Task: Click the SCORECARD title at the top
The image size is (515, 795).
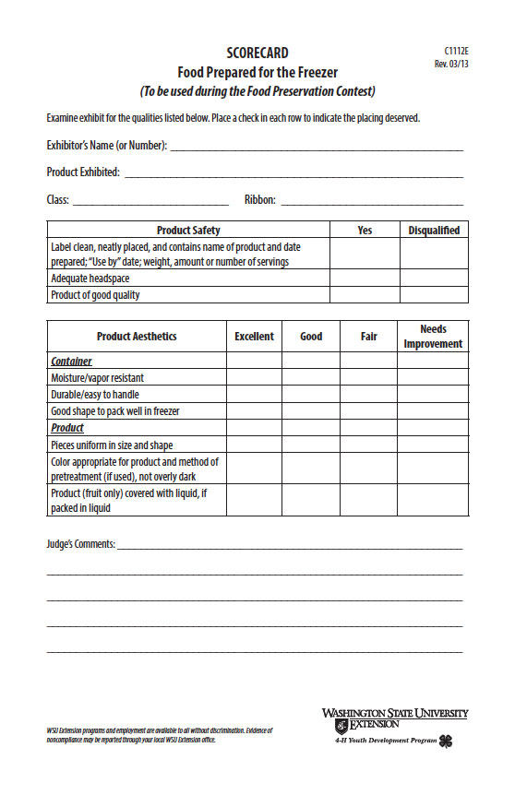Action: click(x=257, y=53)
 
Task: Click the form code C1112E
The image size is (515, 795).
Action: click(x=456, y=51)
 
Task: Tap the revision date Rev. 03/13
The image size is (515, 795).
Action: click(x=451, y=64)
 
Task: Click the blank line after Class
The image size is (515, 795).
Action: click(x=150, y=201)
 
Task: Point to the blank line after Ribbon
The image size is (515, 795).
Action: click(x=371, y=201)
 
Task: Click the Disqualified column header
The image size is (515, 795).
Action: click(x=434, y=230)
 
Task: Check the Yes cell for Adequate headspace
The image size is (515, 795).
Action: click(x=365, y=278)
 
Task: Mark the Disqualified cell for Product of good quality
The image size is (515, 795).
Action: click(x=434, y=295)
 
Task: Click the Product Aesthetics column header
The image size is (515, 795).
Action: click(x=137, y=337)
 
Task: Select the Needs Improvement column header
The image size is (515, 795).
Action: click(x=433, y=337)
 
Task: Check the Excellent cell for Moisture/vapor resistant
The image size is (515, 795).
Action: click(x=255, y=377)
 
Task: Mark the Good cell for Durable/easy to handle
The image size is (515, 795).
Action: click(x=311, y=394)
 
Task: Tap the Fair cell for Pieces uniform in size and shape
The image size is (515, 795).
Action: click(x=369, y=445)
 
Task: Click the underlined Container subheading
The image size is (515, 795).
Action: click(x=71, y=362)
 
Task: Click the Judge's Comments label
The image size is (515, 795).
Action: click(x=81, y=544)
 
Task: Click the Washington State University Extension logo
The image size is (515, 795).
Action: click(x=394, y=719)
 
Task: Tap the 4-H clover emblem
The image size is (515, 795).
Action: click(x=446, y=741)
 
